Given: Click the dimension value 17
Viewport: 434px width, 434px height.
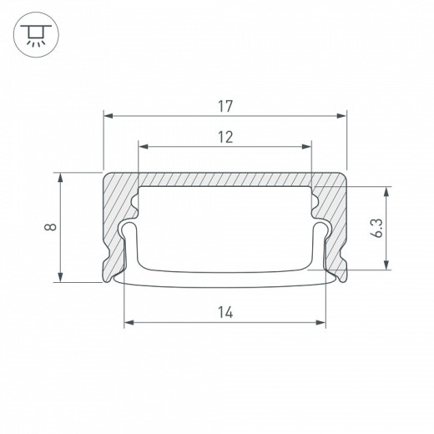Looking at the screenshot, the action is [x=225, y=106].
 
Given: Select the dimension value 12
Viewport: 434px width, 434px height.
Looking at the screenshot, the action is [x=225, y=137].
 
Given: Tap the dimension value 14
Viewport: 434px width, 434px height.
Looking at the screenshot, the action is [x=225, y=312].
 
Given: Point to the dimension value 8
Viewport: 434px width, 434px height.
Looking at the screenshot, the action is [x=50, y=227].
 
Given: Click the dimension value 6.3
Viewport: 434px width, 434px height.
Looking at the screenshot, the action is [x=377, y=228].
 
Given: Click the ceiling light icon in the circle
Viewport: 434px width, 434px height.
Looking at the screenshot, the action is [x=36, y=35].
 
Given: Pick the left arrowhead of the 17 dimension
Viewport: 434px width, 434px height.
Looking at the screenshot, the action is [x=108, y=116].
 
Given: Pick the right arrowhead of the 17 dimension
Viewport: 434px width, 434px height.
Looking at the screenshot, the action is [x=341, y=116].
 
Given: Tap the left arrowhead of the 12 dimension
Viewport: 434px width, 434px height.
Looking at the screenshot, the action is [x=144, y=147].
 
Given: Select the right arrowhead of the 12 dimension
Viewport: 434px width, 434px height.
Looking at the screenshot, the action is [x=306, y=147].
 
